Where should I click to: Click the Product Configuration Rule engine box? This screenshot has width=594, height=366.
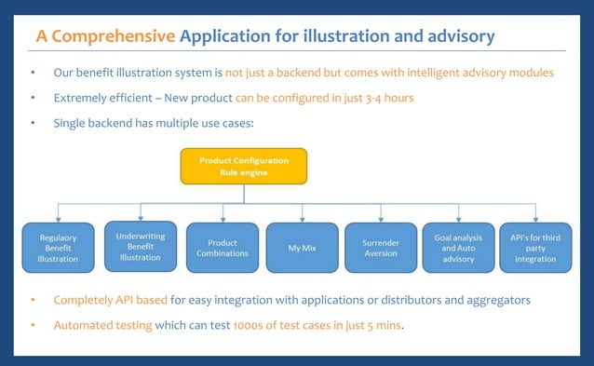point(243,167)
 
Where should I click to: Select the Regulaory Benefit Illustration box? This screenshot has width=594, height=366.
point(59,248)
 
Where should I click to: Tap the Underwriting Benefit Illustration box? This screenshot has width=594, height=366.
point(140,246)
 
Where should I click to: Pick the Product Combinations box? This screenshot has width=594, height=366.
point(222,248)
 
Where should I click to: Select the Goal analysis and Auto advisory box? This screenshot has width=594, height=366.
point(458,248)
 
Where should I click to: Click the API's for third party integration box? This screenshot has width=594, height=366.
point(535,248)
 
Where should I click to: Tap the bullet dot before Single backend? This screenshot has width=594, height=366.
point(33,123)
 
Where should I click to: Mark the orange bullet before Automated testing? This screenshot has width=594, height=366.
point(33,326)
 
